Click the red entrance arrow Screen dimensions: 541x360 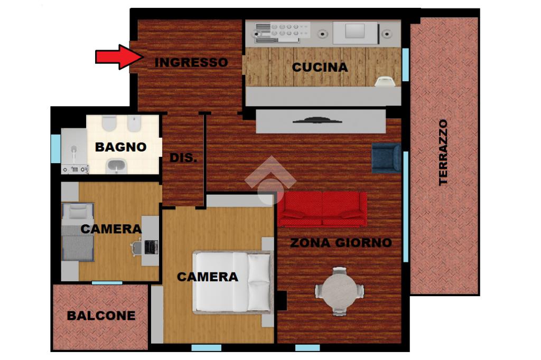119,56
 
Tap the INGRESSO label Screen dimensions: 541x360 191,62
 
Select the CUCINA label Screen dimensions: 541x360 320,67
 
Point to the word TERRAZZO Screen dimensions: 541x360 443,153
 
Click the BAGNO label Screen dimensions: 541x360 121,147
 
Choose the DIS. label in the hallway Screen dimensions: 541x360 183,158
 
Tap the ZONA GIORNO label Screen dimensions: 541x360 341,243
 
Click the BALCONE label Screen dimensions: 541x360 101,316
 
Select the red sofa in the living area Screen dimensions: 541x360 322,210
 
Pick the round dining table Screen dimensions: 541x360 340,290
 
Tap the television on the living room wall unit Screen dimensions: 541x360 317,120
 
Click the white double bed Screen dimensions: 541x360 233,282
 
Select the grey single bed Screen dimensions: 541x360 78,232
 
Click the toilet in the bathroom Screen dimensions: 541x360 109,124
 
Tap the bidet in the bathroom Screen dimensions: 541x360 134,124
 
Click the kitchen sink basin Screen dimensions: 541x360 355,31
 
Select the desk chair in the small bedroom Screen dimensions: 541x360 136,248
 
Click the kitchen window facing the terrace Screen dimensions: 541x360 405,64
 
